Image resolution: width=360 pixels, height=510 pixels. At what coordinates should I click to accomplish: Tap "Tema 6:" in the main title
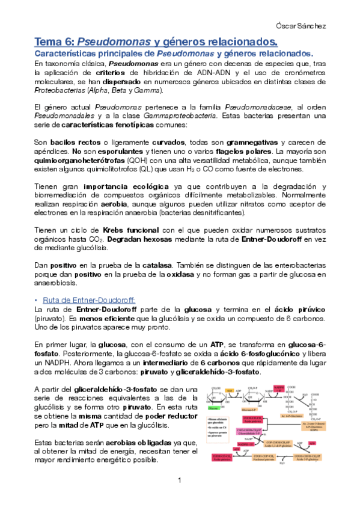point(55,41)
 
